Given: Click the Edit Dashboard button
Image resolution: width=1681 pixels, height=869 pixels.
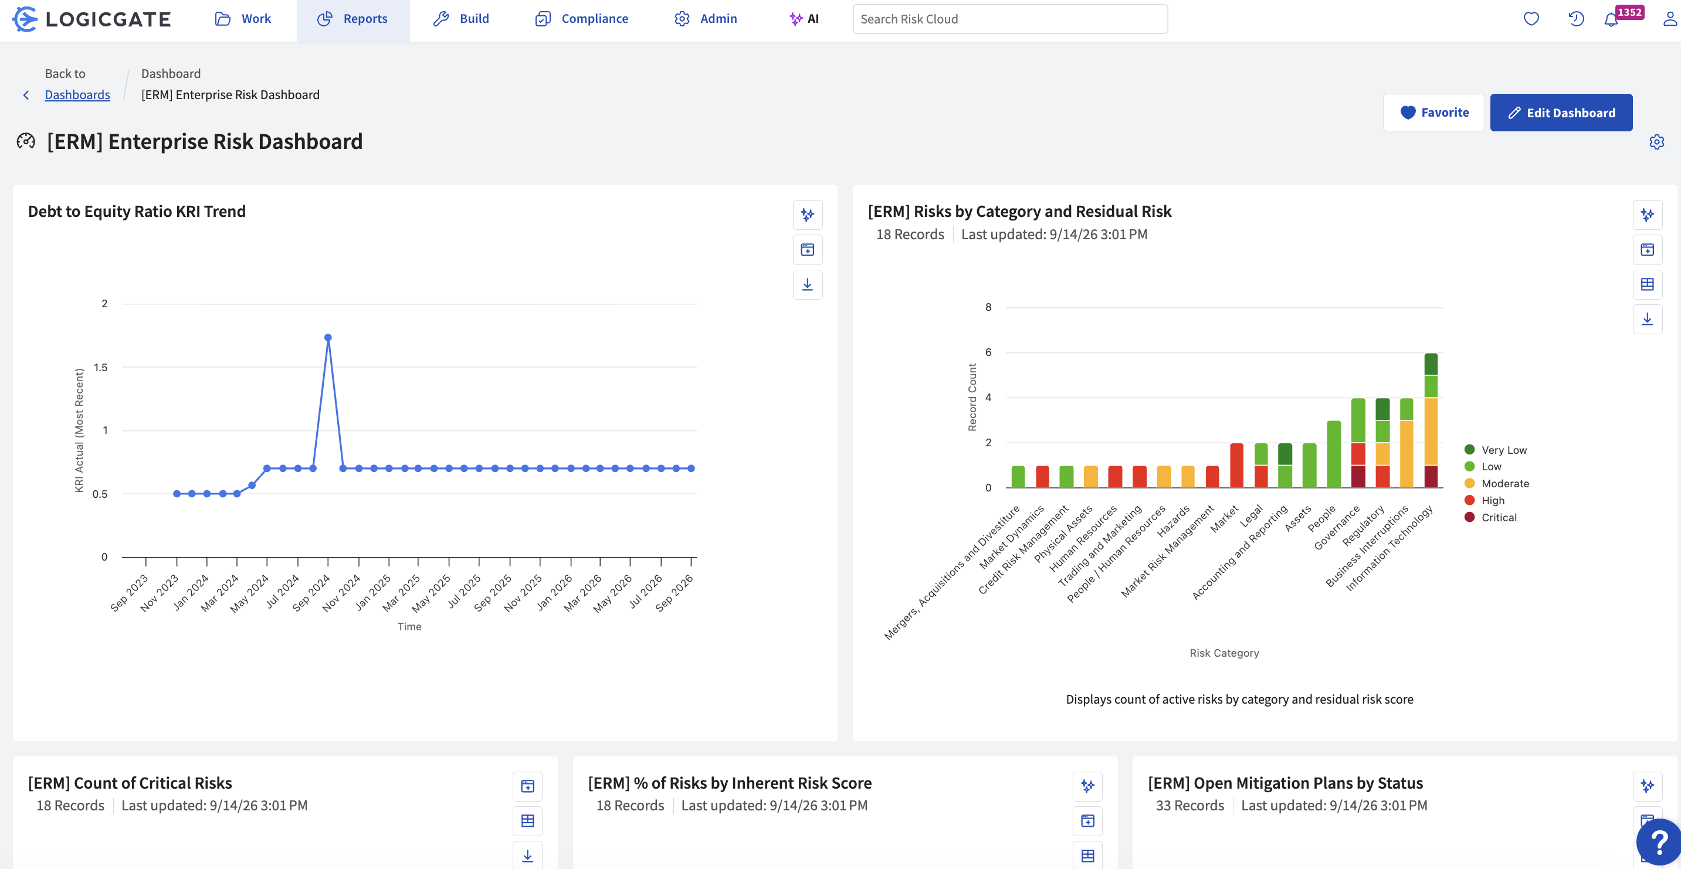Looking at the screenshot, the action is coord(1561,112).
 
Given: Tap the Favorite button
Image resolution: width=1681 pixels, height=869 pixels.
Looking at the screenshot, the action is coord(1433,112).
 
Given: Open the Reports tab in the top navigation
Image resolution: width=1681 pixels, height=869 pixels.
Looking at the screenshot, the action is coord(353,19).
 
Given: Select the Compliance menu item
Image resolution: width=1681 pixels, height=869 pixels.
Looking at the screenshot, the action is coord(581,19).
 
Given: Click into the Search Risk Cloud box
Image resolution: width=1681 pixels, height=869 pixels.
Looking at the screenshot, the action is coord(1009,19).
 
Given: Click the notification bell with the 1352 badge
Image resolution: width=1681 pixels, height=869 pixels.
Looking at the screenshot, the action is coord(1611,19).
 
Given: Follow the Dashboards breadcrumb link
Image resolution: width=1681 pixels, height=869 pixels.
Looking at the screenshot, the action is coord(77,94).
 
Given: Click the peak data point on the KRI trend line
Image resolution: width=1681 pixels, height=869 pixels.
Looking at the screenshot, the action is coord(328,337).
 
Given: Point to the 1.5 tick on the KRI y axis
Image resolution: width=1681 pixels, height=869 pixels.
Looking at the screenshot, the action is coord(100,367).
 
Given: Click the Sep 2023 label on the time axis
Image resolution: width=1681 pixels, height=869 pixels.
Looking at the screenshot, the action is coord(129,593).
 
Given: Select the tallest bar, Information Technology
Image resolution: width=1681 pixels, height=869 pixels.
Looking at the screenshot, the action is coord(1431,420).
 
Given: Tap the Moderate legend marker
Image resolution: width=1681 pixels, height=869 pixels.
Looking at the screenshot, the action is coord(1470,483).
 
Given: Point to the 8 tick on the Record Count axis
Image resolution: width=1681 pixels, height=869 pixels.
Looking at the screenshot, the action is coord(988,307).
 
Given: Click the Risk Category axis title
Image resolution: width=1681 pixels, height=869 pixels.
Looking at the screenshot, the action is coord(1224,653).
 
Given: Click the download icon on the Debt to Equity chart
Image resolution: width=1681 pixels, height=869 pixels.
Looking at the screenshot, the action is coord(807,284).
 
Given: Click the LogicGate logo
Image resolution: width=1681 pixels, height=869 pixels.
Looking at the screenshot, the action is coord(91,19).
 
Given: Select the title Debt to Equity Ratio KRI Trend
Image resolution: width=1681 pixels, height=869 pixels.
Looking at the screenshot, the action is coord(137,211).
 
